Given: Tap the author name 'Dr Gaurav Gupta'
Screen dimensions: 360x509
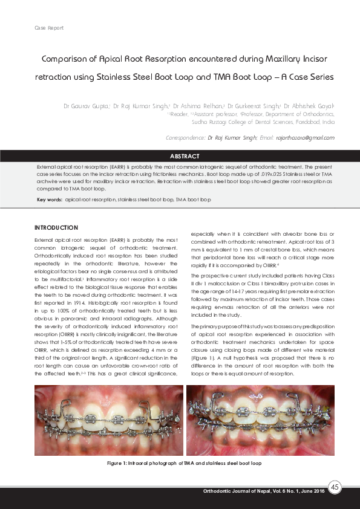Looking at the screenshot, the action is point(86,106).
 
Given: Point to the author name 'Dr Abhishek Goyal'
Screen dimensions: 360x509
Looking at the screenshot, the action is point(309,106).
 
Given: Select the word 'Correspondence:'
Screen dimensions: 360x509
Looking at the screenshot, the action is point(185,138).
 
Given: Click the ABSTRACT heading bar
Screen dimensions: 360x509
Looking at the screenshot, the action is point(180,155).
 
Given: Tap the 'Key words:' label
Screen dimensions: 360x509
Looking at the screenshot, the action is point(50,199).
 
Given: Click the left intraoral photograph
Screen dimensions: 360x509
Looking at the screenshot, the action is point(108,421).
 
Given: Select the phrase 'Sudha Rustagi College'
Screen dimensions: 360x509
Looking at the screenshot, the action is point(217,122).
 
